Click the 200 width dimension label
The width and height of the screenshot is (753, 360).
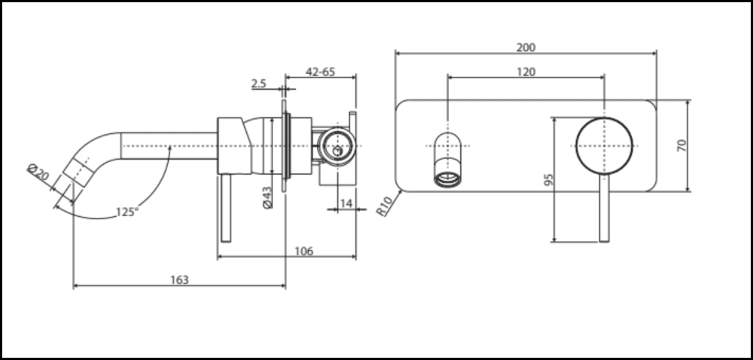(526, 47)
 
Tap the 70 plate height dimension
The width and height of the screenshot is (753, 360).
(682, 145)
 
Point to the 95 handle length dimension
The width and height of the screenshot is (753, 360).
(549, 180)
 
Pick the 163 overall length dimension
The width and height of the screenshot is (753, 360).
(179, 279)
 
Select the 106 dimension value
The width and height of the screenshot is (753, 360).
(304, 251)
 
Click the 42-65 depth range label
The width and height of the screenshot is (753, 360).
(320, 72)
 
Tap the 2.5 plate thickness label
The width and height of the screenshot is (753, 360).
(258, 84)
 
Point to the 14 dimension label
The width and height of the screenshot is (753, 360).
(345, 203)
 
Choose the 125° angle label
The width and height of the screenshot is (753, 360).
(127, 212)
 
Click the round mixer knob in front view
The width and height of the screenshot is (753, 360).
(604, 145)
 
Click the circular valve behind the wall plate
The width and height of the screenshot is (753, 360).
(335, 145)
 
